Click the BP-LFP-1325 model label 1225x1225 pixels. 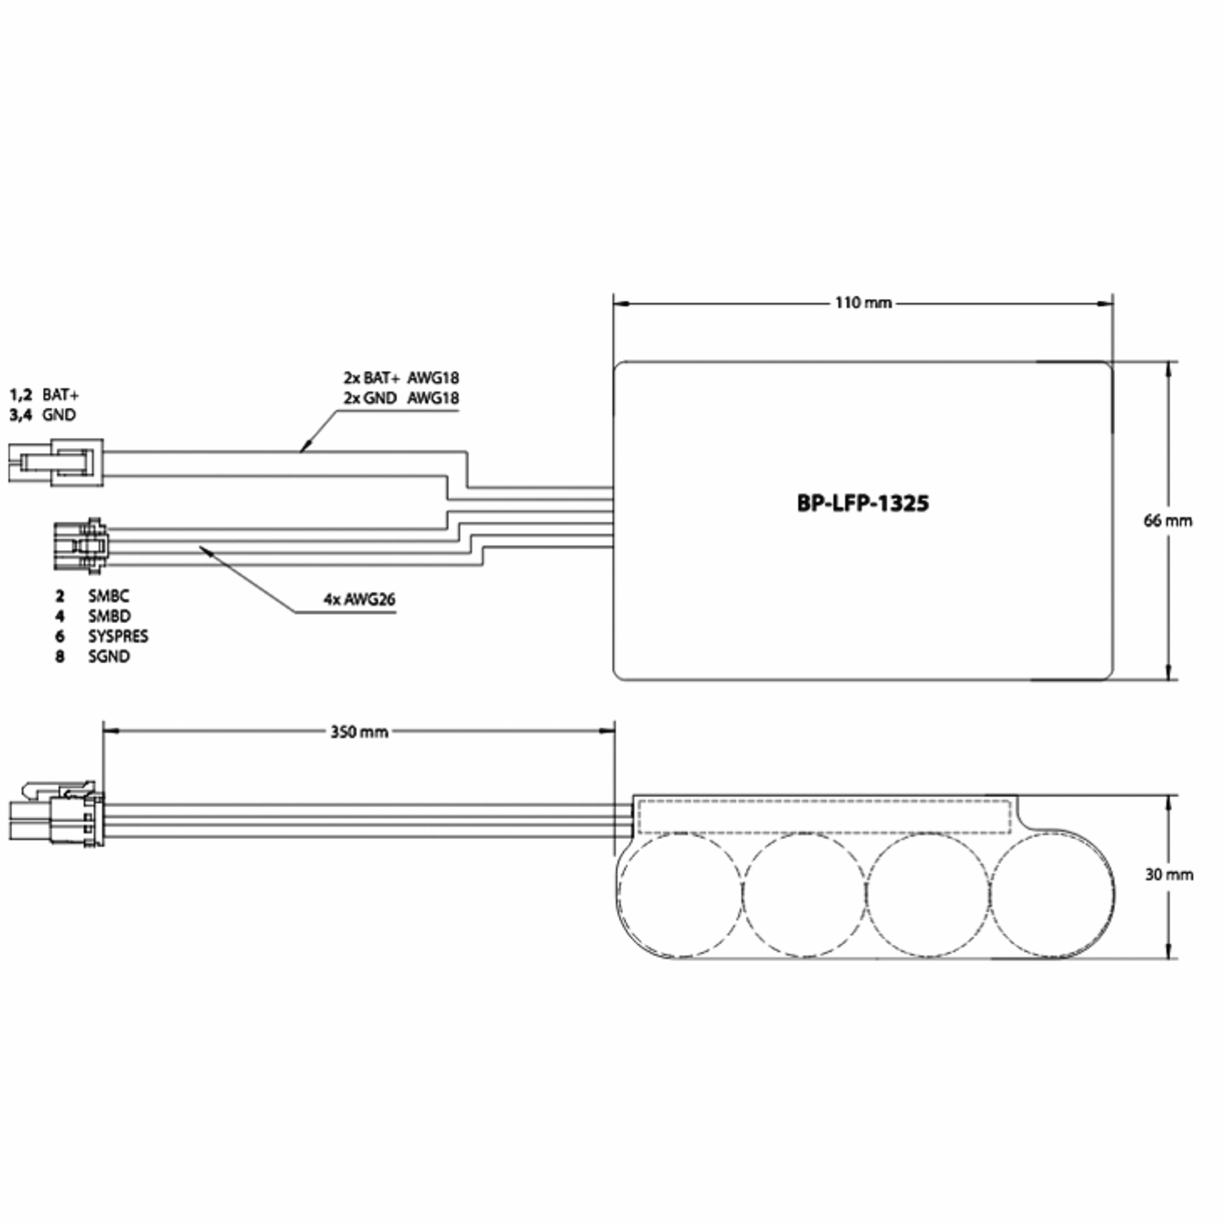point(862,503)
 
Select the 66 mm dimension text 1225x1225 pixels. point(1167,521)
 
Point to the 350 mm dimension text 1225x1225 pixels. point(359,732)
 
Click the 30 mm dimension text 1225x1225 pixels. point(1168,874)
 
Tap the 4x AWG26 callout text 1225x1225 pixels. point(359,599)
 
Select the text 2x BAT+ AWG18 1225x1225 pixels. point(401,378)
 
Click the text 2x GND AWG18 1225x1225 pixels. point(401,398)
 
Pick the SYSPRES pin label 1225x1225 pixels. point(117,636)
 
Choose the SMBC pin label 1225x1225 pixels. point(108,596)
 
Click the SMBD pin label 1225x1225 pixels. point(109,616)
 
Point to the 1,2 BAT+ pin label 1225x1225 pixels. point(44,395)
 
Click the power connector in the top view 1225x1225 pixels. point(57,463)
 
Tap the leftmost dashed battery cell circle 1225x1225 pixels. point(680,895)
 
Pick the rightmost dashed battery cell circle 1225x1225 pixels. point(1051,895)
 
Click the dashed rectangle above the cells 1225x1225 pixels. point(824,817)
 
